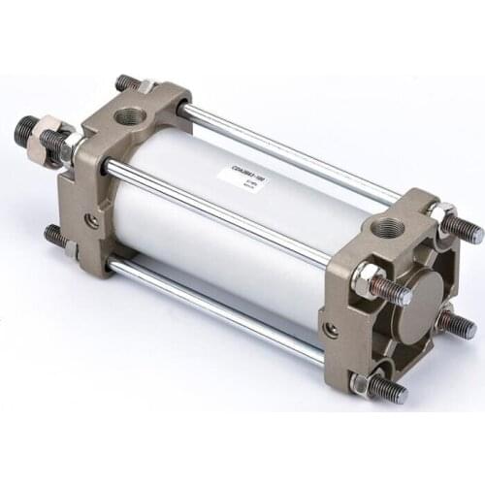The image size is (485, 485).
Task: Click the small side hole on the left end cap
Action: click(x=91, y=222)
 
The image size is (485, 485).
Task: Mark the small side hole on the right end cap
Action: click(x=332, y=330)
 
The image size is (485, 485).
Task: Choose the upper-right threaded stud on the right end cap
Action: click(x=464, y=230)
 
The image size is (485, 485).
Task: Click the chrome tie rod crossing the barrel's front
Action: click(x=223, y=211)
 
